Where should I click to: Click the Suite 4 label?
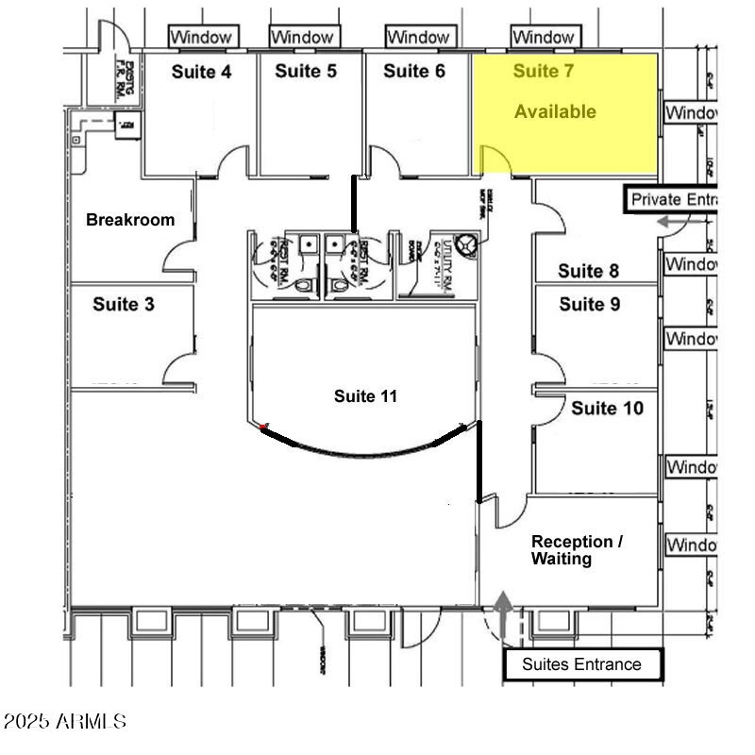[x=201, y=72]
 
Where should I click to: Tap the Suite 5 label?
[x=306, y=71]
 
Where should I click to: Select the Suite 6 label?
[x=414, y=71]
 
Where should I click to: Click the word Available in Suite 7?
[x=555, y=111]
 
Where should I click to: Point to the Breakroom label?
[x=130, y=220]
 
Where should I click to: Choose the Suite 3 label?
[x=124, y=305]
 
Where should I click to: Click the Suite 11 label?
[x=365, y=396]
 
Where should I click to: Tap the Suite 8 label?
[x=589, y=272]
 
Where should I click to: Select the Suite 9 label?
[x=590, y=304]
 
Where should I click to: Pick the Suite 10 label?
[x=608, y=408]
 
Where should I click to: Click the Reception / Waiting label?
[x=577, y=550]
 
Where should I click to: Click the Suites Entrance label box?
[x=581, y=664]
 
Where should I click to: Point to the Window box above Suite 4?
[x=201, y=37]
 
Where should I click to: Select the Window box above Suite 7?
[x=544, y=37]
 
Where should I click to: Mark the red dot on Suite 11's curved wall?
[x=263, y=428]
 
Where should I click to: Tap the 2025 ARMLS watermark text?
[x=64, y=722]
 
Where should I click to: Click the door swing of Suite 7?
[x=495, y=162]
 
